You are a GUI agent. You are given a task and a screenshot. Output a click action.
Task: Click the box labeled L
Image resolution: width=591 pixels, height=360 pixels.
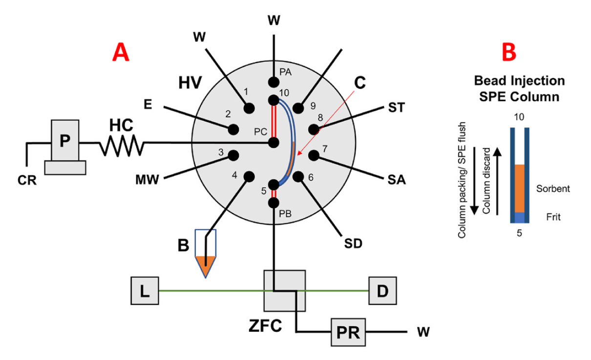coord(145,291)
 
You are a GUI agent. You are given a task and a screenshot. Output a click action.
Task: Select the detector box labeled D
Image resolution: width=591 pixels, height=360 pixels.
coord(382,291)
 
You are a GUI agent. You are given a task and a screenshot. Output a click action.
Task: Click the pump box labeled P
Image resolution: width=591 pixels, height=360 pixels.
coord(64,141)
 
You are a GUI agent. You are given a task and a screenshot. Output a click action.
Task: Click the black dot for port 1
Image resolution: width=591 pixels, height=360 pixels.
coord(250,107)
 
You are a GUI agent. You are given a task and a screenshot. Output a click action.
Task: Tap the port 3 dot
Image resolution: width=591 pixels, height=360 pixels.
coord(233,154)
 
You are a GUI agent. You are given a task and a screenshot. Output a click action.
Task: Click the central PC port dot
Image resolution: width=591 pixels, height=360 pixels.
coord(274,143)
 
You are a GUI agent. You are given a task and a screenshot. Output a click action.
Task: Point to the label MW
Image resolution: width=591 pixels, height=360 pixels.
coord(147,180)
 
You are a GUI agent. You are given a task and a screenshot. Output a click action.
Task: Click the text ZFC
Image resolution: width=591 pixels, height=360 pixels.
coord(265,325)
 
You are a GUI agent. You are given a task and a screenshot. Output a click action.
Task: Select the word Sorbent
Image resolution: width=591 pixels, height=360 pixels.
coord(552,189)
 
